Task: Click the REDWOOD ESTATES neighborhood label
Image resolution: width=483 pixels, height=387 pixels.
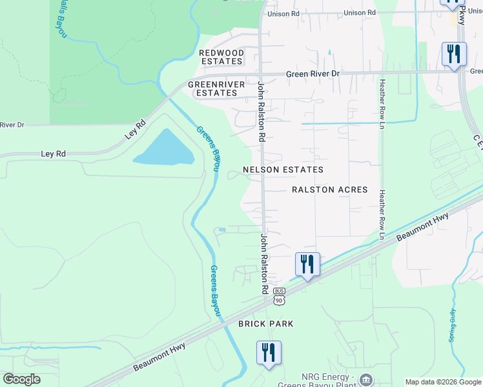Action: (221, 57)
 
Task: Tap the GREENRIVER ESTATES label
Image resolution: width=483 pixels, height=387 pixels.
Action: (212, 88)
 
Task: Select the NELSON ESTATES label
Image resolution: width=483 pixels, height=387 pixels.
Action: (282, 170)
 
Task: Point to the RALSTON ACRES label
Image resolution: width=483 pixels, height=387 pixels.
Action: (329, 190)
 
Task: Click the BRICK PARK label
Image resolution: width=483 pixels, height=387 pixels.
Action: (266, 323)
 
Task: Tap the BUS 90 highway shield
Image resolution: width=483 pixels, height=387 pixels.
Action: (279, 297)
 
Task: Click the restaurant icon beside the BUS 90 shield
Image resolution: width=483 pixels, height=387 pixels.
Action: (307, 264)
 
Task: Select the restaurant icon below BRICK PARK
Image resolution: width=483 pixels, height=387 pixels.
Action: (269, 353)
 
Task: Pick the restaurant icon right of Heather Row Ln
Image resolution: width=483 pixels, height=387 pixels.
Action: (454, 54)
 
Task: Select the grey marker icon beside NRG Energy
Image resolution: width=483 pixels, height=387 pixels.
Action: (366, 379)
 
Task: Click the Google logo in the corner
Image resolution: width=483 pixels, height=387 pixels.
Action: (21, 379)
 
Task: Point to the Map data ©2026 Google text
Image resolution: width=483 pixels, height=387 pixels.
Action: (443, 382)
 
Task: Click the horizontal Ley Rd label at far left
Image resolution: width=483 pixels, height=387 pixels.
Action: (54, 154)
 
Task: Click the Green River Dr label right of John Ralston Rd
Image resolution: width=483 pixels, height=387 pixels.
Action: (313, 74)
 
